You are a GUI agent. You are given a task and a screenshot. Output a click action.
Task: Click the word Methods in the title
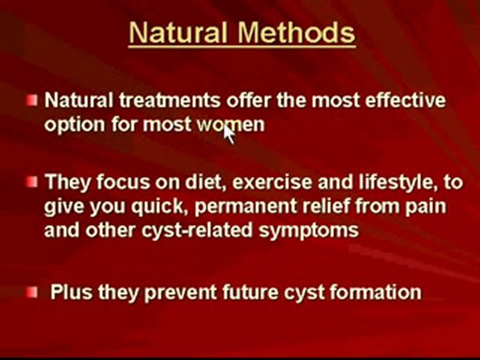(x=296, y=33)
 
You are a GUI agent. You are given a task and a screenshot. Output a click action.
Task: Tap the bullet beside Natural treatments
(x=32, y=100)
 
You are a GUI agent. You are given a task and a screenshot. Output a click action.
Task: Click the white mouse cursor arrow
(x=228, y=134)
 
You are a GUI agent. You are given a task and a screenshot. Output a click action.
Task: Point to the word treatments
(x=170, y=100)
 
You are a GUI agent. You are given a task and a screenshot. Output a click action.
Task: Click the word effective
(x=405, y=100)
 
